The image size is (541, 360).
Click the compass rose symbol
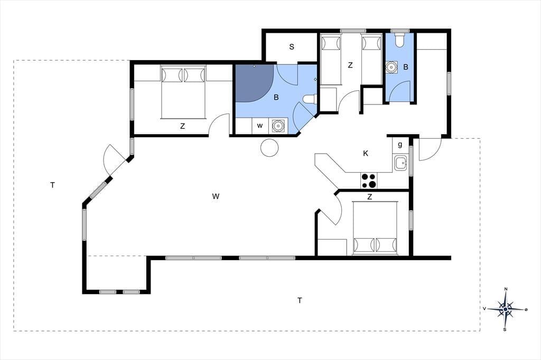click(506, 309)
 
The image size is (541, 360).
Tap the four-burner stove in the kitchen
click(369, 181)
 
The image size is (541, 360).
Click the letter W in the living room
click(216, 196)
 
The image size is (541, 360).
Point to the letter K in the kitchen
click(366, 154)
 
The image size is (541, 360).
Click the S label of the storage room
click(292, 46)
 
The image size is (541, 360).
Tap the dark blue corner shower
click(254, 83)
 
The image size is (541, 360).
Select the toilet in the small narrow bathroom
click(399, 40)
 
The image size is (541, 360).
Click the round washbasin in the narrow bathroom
click(391, 67)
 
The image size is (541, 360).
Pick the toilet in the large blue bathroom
click(310, 99)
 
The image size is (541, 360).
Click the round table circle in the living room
click(269, 148)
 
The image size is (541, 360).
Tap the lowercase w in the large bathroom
click(260, 126)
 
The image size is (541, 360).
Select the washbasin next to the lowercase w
click(278, 126)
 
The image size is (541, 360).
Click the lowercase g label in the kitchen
click(400, 145)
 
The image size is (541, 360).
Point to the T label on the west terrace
click(52, 185)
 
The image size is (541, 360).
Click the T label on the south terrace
click(300, 300)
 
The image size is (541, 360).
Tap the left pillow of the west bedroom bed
click(172, 75)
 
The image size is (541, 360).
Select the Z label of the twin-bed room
click(350, 65)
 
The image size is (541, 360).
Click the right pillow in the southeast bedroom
click(386, 245)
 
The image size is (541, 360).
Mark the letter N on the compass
click(506, 289)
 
